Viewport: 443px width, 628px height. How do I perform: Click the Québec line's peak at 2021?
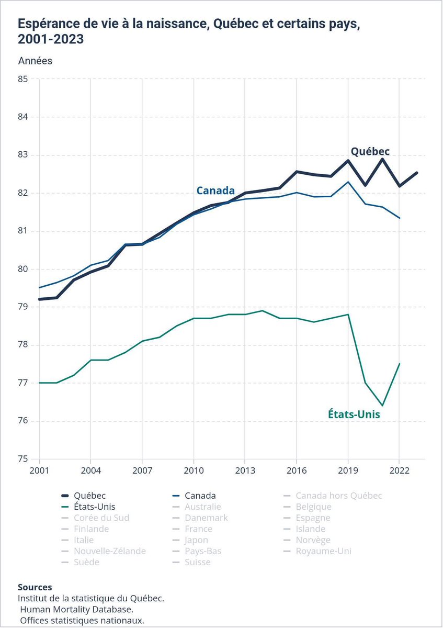point(382,159)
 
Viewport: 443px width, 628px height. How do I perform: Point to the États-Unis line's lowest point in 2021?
point(382,406)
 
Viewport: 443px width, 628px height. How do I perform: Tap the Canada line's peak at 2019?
point(348,182)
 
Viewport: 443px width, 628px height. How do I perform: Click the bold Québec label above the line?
point(370,151)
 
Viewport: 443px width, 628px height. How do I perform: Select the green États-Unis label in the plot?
point(354,414)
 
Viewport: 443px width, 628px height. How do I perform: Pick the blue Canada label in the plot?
point(215,190)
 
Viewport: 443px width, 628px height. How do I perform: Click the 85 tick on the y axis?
point(22,79)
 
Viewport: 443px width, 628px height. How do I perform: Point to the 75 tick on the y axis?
point(22,459)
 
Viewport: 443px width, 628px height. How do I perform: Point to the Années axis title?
point(35,61)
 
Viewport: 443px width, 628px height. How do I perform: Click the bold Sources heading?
point(35,587)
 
